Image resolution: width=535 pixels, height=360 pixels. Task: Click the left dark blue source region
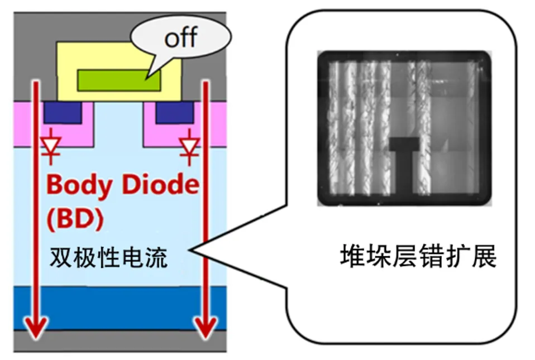point(63,113)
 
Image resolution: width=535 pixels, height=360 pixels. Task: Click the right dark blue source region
point(174,113)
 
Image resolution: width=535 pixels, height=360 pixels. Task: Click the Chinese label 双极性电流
point(108,257)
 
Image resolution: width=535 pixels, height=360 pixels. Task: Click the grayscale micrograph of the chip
point(405,128)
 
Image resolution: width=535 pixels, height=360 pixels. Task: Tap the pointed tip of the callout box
point(193,252)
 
